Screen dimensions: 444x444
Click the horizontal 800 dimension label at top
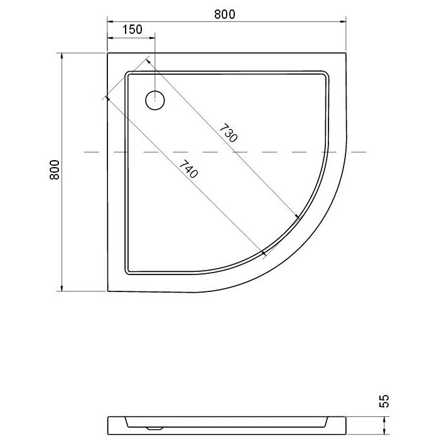tap(225, 14)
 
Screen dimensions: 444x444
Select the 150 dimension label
tap(133, 30)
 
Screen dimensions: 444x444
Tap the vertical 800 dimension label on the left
tap(55, 170)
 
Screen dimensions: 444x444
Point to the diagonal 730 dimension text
tap(228, 133)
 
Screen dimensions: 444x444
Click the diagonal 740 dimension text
tap(189, 169)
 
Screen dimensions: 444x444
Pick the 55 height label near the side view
tap(384, 401)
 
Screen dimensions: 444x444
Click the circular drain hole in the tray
tap(155, 100)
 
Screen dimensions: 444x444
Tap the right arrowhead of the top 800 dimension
tap(343, 21)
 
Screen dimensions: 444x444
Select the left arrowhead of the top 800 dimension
tap(111, 21)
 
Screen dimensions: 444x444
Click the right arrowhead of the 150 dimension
tap(152, 38)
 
